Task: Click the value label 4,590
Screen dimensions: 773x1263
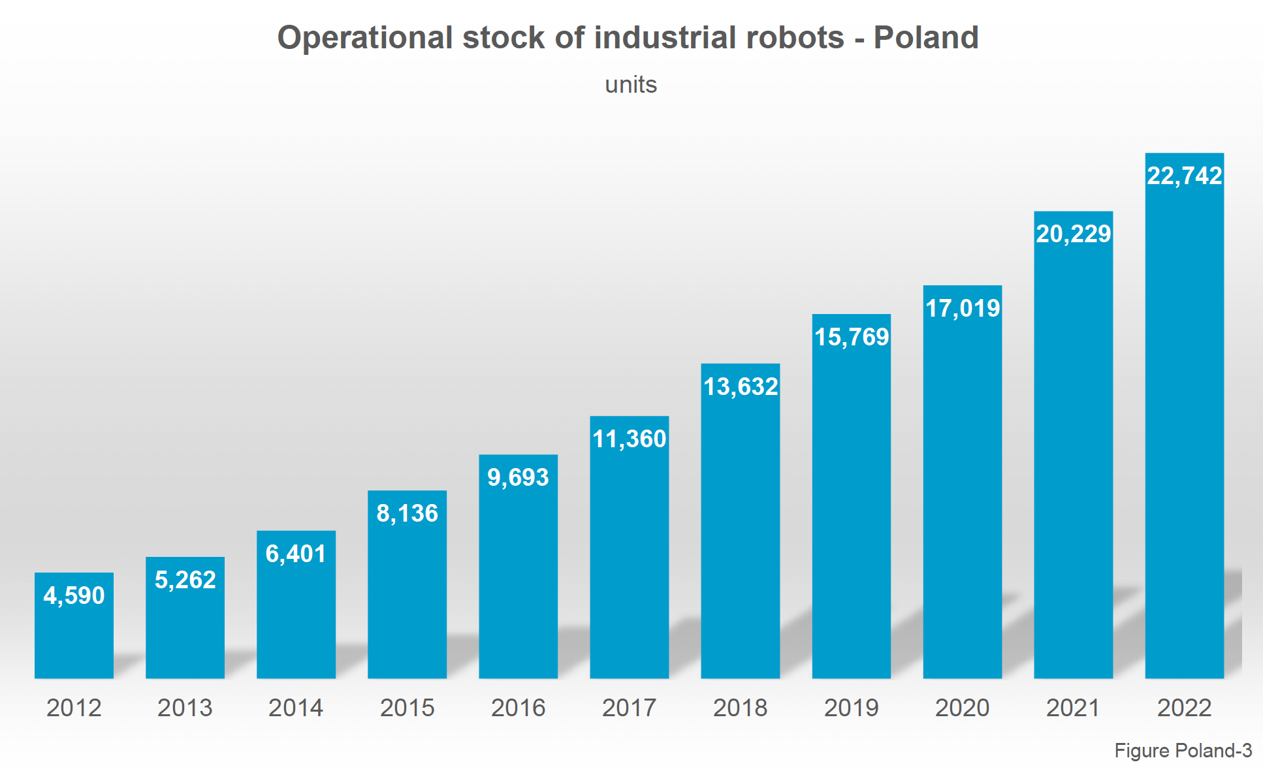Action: [x=74, y=595]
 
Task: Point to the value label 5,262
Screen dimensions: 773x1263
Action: [x=185, y=580]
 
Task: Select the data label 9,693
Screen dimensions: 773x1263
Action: [x=518, y=477]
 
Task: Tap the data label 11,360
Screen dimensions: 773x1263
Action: [x=629, y=439]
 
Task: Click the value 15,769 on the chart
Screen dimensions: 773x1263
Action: [x=851, y=337]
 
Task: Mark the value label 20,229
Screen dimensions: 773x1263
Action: [x=1073, y=234]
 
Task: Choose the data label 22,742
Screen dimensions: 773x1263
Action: [x=1184, y=176]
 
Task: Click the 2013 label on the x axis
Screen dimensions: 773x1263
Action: [x=185, y=708]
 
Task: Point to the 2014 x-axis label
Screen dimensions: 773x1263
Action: [x=296, y=708]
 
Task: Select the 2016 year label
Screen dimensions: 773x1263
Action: [x=518, y=708]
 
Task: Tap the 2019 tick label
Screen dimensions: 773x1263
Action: [x=851, y=708]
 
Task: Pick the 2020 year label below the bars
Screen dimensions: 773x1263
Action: [x=962, y=708]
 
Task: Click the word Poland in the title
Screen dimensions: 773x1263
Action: [x=925, y=37]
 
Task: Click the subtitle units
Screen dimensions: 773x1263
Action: [x=631, y=85]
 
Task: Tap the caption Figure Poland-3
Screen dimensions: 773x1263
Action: [x=1183, y=751]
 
